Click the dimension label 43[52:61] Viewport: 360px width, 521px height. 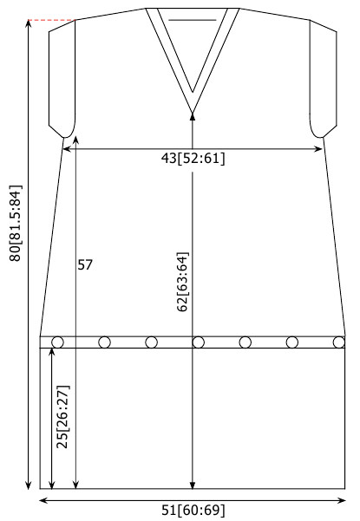pyautogui.click(x=193, y=158)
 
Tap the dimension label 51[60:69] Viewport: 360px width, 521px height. pyautogui.click(x=193, y=511)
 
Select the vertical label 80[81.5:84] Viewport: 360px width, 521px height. pyautogui.click(x=16, y=224)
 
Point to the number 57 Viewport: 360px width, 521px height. pyautogui.click(x=85, y=264)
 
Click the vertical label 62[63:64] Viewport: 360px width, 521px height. pyautogui.click(x=182, y=282)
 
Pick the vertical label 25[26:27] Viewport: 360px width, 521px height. pyautogui.click(x=62, y=417)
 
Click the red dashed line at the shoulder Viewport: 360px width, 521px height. pyautogui.click(x=51, y=20)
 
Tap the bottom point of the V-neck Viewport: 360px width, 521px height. pyautogui.click(x=192, y=113)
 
